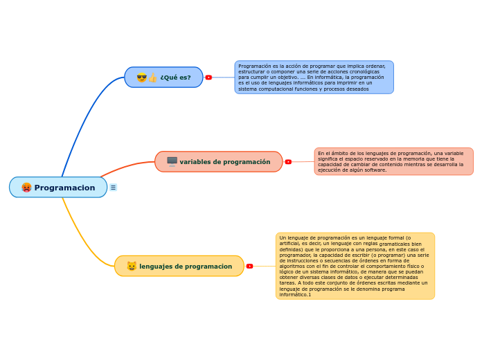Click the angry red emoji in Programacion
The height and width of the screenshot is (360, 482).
click(26, 188)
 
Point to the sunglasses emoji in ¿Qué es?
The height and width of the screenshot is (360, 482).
click(141, 78)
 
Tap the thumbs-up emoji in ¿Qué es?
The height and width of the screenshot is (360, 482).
click(152, 78)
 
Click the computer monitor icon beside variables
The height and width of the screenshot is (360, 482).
click(172, 161)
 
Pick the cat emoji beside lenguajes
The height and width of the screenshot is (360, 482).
click(132, 266)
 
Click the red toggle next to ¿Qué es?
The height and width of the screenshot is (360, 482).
click(208, 78)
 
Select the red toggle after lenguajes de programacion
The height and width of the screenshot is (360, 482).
click(249, 266)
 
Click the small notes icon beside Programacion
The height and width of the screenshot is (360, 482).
click(113, 188)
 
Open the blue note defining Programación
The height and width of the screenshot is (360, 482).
click(314, 77)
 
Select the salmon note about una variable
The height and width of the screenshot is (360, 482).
click(393, 161)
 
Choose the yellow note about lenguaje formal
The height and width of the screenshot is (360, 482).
click(355, 266)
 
